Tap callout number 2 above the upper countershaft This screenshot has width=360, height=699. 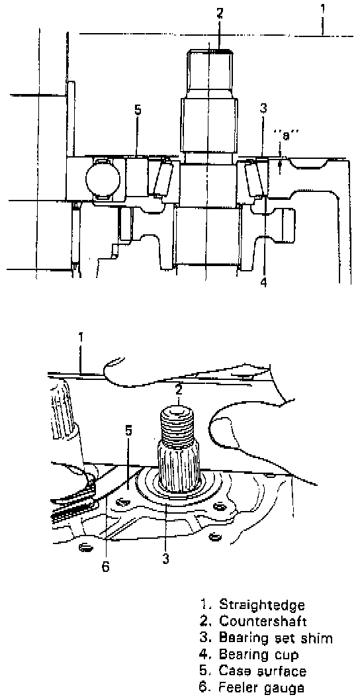coord(220,13)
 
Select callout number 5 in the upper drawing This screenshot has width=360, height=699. coord(138,109)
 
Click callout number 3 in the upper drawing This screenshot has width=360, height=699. coord(263,109)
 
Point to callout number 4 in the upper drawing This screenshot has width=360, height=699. coord(263,282)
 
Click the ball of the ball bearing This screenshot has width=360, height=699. coord(103,177)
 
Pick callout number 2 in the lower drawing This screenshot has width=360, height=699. coord(179,390)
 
